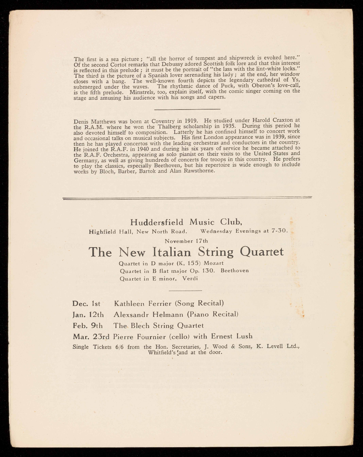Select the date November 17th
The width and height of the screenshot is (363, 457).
coord(186,241)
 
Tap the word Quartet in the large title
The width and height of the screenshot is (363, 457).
coord(262,252)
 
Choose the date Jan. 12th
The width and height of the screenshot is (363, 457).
coord(88,314)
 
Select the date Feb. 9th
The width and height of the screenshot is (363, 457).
coord(87,326)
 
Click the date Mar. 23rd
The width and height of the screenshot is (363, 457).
coord(92,336)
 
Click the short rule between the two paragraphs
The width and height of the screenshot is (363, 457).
coord(187,109)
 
